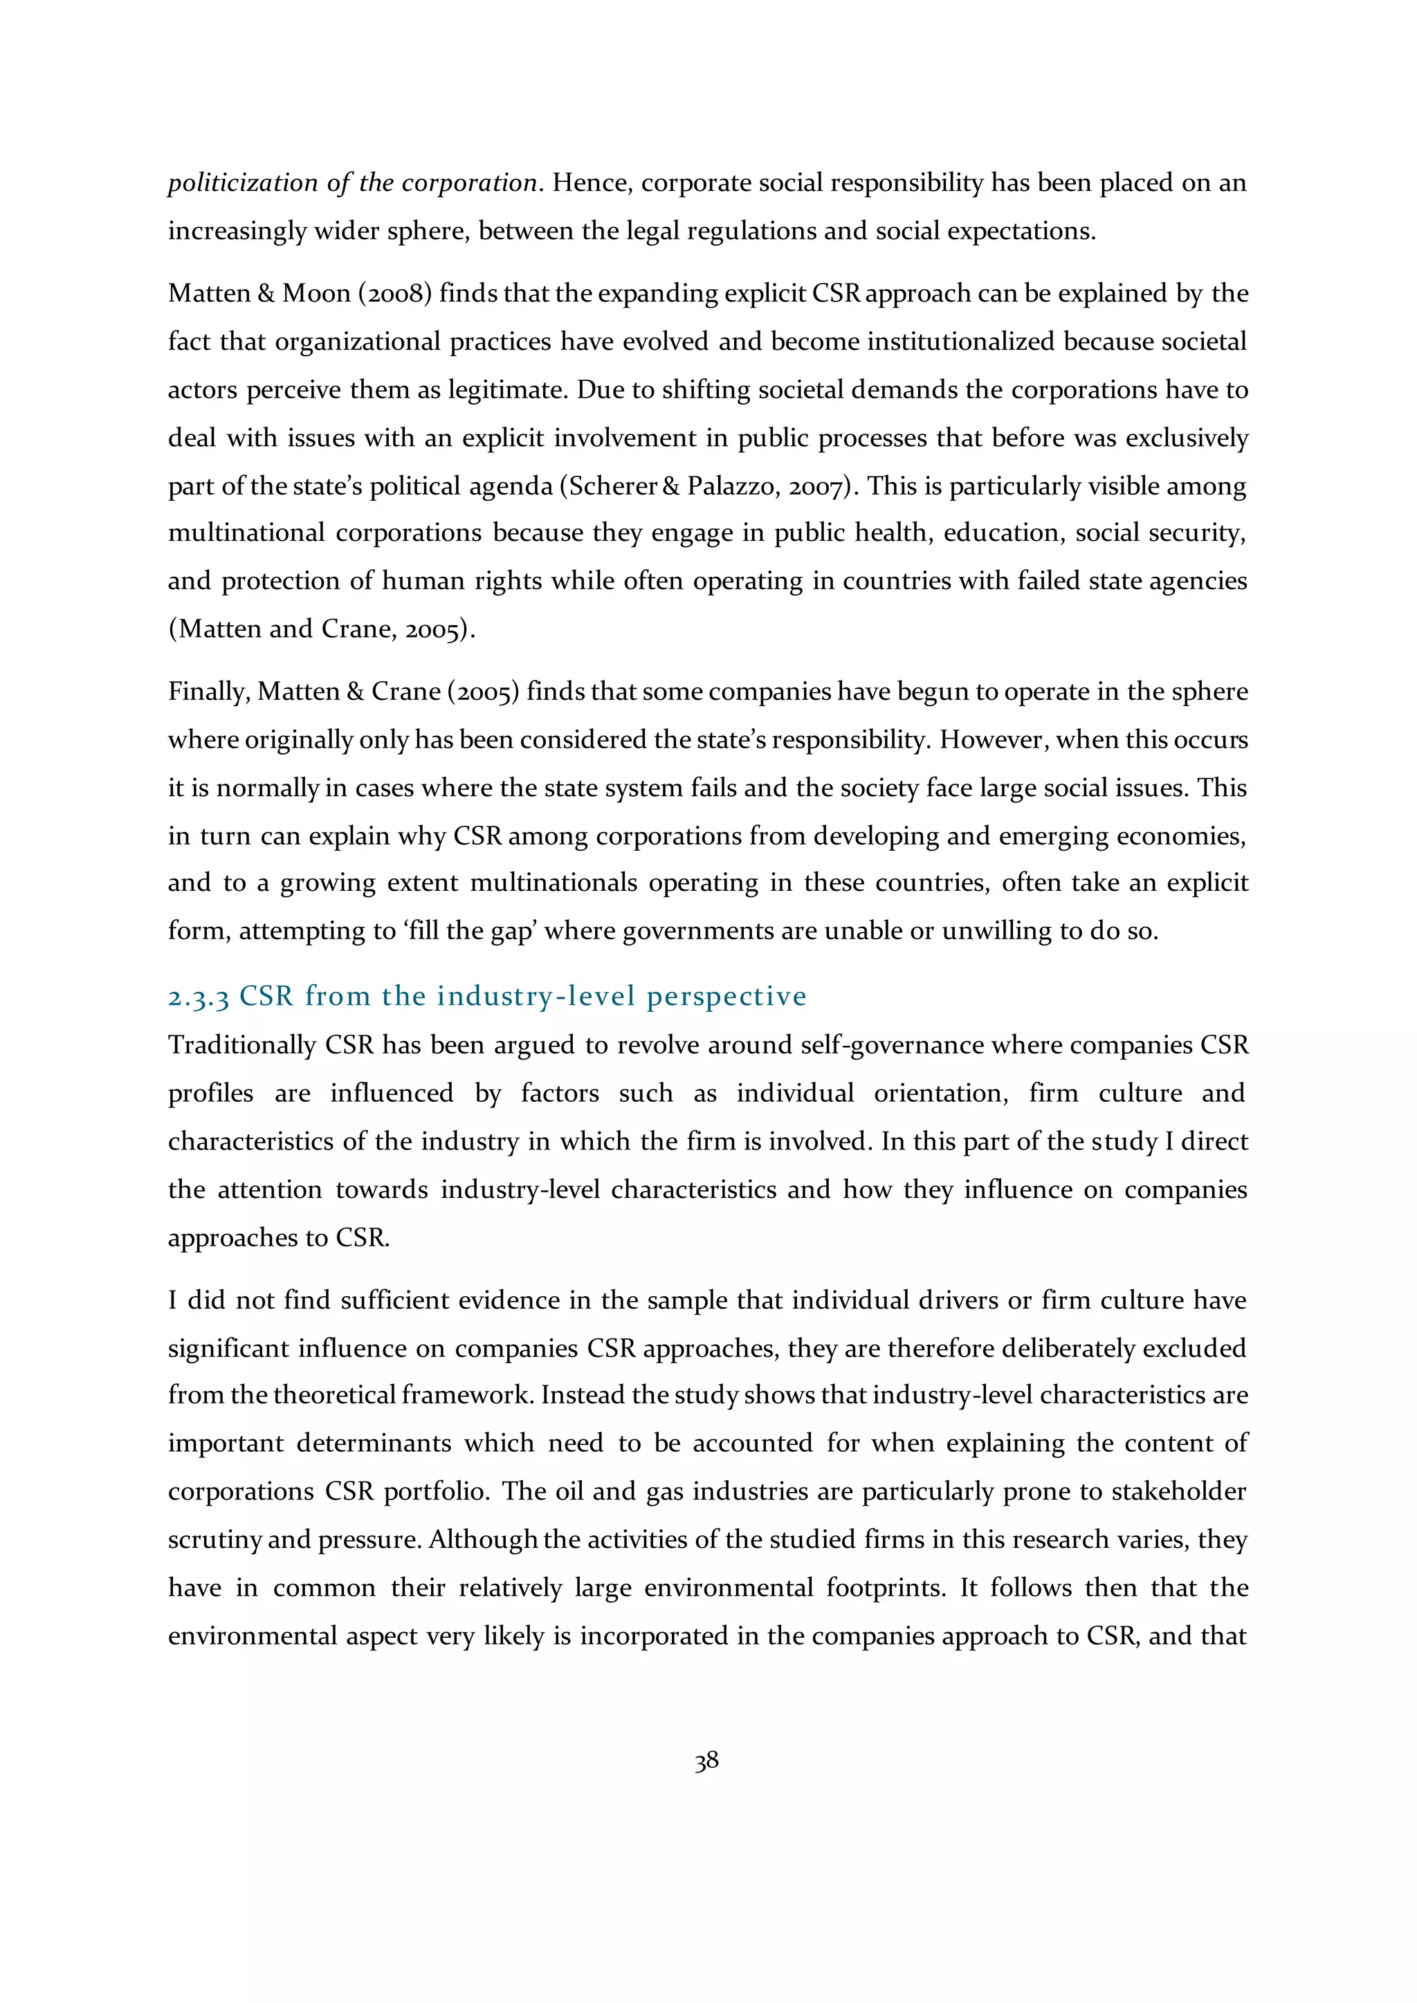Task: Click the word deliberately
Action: coord(1069,1348)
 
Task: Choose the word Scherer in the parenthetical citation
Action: coord(614,486)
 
